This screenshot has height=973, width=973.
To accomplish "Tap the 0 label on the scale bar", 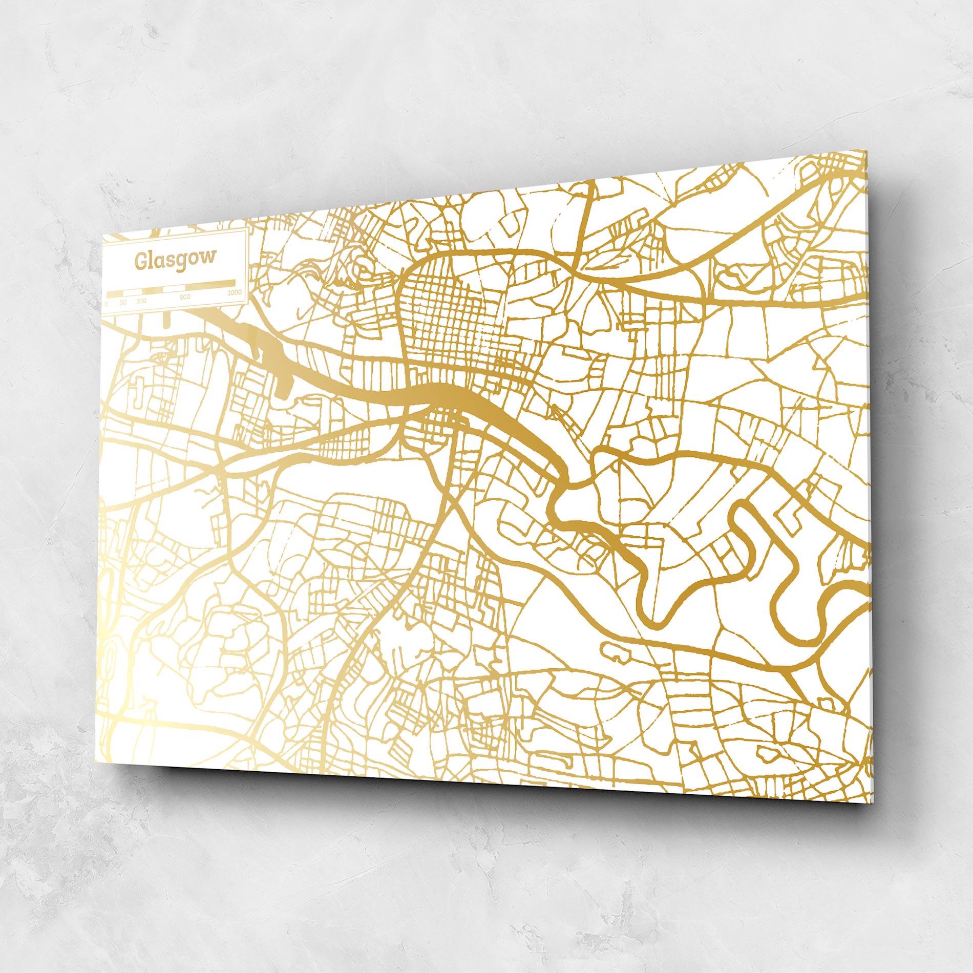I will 107,303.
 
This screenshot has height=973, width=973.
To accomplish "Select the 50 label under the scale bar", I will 123,302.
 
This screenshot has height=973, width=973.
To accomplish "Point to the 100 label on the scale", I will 141,301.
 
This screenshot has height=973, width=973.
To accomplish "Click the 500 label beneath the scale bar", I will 185,297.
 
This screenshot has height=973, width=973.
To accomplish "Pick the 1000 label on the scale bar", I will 235,292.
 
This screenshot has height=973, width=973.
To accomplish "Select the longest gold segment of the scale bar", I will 210,283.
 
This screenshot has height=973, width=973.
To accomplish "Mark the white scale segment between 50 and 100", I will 132,291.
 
